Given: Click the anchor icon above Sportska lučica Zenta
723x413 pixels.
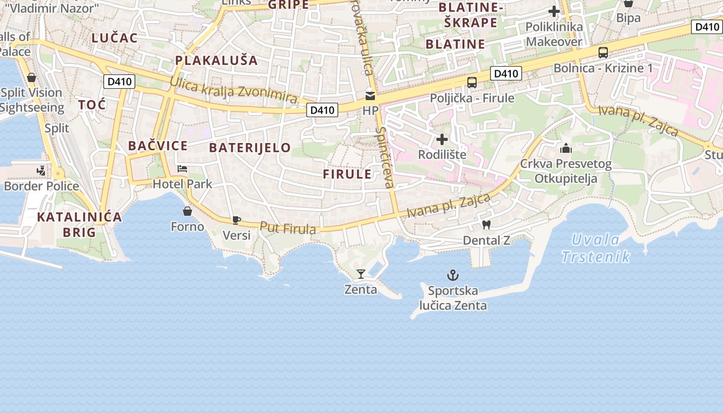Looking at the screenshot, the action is click(x=453, y=275).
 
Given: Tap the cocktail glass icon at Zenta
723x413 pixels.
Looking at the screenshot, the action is click(x=361, y=274).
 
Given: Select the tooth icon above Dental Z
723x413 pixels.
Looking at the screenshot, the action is click(x=486, y=225).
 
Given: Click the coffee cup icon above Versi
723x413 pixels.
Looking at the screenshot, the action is click(x=237, y=220).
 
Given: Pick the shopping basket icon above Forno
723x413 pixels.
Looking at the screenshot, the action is click(x=187, y=211).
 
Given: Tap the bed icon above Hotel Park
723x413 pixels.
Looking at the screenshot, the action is click(x=182, y=168).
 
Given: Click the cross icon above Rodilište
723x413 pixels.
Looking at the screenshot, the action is click(x=442, y=139).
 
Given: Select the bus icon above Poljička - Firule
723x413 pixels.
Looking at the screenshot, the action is click(x=471, y=83).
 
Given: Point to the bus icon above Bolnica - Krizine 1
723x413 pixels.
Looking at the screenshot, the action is click(x=603, y=52).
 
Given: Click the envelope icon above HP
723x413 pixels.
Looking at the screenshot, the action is click(x=370, y=96).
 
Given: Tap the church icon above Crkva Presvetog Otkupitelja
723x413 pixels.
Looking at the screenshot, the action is click(x=566, y=149).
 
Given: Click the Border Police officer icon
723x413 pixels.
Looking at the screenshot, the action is click(x=41, y=170).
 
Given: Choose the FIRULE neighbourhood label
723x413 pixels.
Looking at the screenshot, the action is click(x=348, y=174).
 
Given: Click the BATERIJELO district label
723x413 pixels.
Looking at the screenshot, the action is click(x=250, y=148).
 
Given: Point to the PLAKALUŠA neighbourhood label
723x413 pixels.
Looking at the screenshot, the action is click(x=216, y=60).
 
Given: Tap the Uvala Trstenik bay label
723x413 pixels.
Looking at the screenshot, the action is click(x=595, y=248).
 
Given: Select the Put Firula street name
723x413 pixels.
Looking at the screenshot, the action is click(x=288, y=228).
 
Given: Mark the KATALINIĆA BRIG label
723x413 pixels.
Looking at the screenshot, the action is click(x=80, y=224).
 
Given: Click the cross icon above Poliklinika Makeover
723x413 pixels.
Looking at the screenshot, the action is click(x=554, y=11).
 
